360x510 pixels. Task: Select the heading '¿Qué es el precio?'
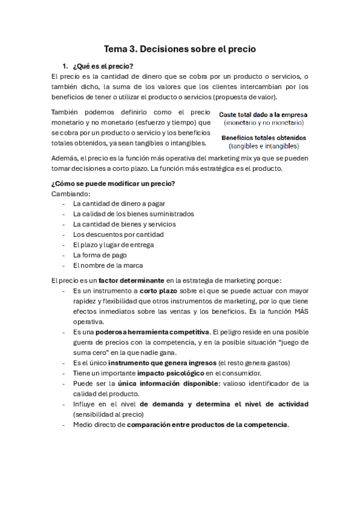click(102, 66)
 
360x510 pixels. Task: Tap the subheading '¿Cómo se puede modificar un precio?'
click(114, 183)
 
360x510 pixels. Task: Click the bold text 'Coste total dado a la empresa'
click(263, 114)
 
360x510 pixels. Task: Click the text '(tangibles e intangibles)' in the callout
click(263, 146)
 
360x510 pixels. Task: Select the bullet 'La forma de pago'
click(100, 254)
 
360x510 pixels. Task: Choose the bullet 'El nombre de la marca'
click(108, 265)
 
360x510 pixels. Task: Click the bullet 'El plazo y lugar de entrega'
click(113, 244)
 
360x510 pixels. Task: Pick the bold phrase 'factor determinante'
click(132, 280)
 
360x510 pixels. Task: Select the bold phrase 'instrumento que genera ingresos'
click(162, 363)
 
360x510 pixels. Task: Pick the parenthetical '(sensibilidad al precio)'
click(108, 414)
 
